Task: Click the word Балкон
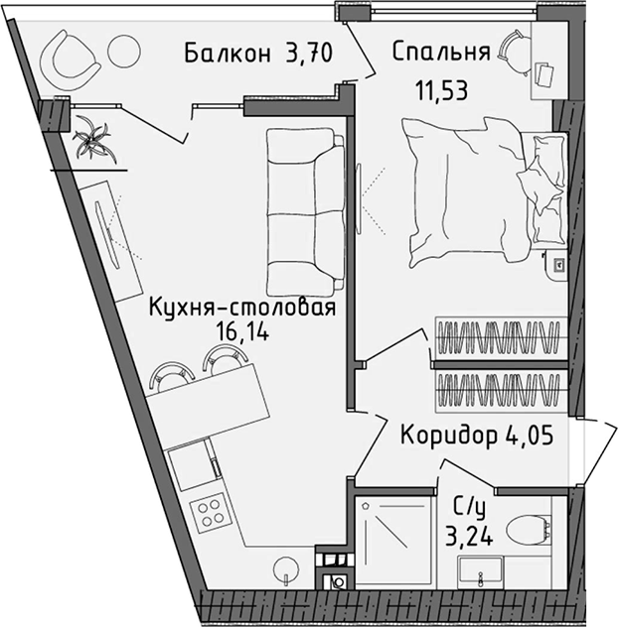pos(228,55)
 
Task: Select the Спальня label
pos(440,52)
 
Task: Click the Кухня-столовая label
pos(240,308)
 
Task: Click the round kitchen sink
pos(285,567)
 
